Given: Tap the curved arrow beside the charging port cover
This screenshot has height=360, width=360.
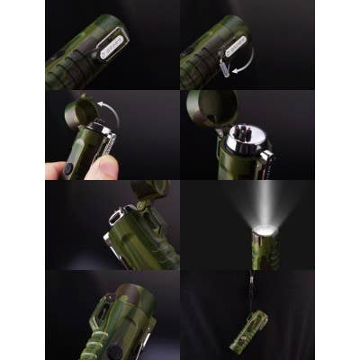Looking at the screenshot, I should (x=242, y=61).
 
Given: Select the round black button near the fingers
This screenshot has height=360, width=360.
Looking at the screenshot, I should (x=69, y=167).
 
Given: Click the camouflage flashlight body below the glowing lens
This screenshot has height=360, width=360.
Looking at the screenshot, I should (x=267, y=254).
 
